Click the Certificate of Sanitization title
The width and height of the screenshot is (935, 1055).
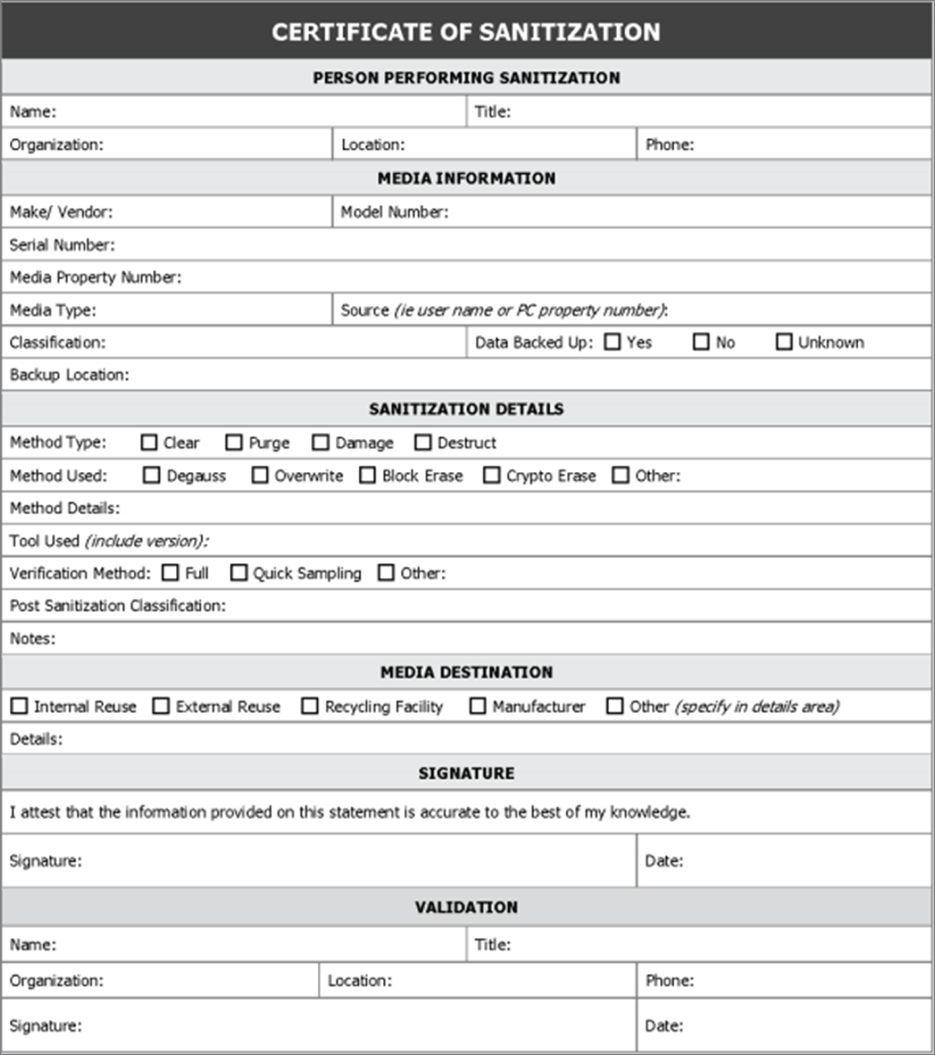(x=466, y=32)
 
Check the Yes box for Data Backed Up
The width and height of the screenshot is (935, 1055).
(x=612, y=342)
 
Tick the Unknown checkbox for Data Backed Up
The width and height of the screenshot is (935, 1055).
(x=784, y=342)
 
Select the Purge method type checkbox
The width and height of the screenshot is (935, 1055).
(x=234, y=442)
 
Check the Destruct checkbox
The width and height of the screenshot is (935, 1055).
(x=423, y=442)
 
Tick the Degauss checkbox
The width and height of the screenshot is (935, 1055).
(x=151, y=475)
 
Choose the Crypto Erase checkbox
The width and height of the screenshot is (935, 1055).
(x=491, y=475)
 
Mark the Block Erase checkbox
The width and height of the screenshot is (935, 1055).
(x=367, y=475)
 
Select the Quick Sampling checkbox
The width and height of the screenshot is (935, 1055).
(x=238, y=572)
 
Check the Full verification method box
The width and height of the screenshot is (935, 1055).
(x=171, y=572)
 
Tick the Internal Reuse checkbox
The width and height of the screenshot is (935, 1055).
(x=19, y=706)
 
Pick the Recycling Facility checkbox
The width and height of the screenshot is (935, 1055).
(x=309, y=706)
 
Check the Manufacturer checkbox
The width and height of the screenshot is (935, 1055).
(x=477, y=706)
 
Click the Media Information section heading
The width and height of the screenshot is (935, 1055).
(x=466, y=178)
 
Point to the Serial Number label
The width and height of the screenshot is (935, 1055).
(x=61, y=245)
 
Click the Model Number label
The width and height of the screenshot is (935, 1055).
(x=394, y=212)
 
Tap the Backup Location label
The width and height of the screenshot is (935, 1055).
(x=69, y=375)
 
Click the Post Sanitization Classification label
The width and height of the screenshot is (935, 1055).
(x=118, y=606)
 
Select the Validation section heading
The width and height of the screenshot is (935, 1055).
(x=466, y=907)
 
